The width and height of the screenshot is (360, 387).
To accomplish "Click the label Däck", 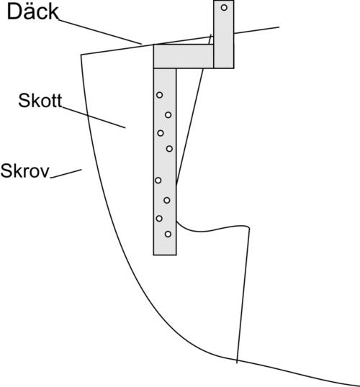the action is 33,12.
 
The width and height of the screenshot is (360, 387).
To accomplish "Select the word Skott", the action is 40,101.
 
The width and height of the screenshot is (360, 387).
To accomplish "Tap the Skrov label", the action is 24,170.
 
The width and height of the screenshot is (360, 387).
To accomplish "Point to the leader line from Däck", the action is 100,32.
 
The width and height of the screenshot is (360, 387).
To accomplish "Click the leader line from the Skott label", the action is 94,117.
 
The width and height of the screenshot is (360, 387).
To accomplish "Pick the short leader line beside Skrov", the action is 66,173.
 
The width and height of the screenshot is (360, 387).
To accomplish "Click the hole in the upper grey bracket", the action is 224,8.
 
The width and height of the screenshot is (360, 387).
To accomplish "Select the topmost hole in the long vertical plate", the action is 159,95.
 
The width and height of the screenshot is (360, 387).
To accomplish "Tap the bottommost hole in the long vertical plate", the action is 168,234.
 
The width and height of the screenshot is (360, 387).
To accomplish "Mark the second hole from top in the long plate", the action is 168,115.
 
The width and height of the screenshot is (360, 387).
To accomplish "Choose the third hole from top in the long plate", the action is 161,133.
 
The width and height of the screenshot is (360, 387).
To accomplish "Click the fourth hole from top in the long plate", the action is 169,149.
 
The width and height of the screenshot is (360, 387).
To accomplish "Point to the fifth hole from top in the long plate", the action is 158,180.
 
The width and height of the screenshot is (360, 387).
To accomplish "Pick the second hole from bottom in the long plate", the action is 159,219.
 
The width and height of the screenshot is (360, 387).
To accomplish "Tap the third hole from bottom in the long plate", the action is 167,200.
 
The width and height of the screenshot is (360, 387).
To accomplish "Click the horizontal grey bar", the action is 184,56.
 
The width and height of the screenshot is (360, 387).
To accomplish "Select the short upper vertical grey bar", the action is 224,35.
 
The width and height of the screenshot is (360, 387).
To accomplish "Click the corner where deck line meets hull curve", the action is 81,55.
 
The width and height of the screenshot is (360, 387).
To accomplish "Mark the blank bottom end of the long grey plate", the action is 165,247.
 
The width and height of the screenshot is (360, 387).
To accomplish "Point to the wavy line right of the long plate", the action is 212,229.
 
